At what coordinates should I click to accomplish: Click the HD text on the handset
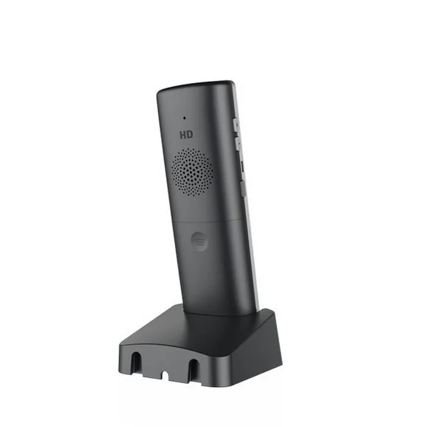186,132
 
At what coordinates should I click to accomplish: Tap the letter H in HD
182,132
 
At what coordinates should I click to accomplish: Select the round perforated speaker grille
192,171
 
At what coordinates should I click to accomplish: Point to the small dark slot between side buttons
241,165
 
